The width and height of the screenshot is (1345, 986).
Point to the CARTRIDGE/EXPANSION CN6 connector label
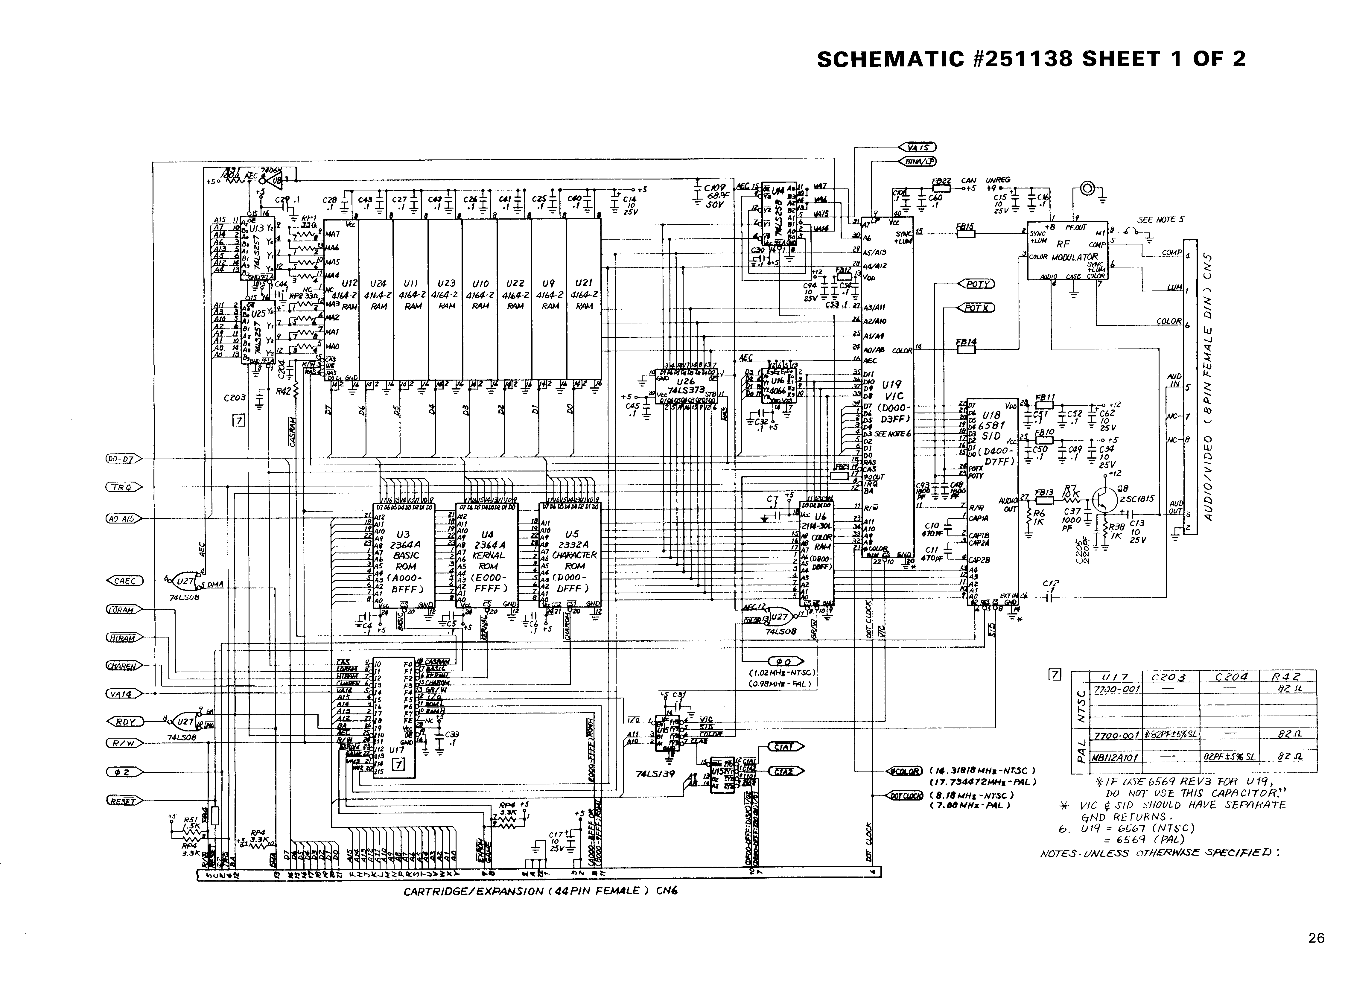(x=541, y=892)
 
